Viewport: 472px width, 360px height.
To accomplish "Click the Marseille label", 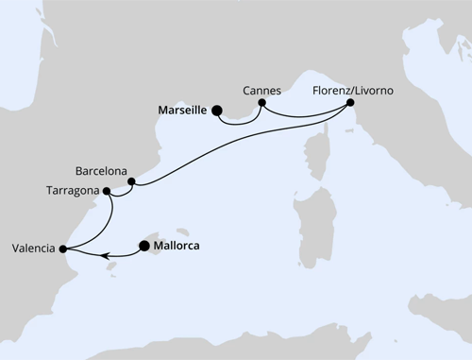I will coord(177,110).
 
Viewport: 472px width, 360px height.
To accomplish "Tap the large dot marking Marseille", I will coord(217,111).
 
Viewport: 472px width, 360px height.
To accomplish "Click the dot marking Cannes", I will coord(261,102).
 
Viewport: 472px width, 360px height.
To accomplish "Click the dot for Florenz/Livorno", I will coord(349,102).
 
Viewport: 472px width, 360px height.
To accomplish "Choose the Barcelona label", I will coord(102,171).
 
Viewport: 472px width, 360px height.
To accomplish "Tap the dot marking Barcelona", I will coord(131,181).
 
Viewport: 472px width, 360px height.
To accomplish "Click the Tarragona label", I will coord(73,190).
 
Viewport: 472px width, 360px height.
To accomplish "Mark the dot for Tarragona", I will coord(108,191).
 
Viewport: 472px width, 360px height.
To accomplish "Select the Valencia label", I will coord(33,249).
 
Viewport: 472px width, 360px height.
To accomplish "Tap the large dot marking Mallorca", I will coord(144,247).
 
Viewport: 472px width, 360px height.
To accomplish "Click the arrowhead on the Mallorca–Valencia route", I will coord(106,253).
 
